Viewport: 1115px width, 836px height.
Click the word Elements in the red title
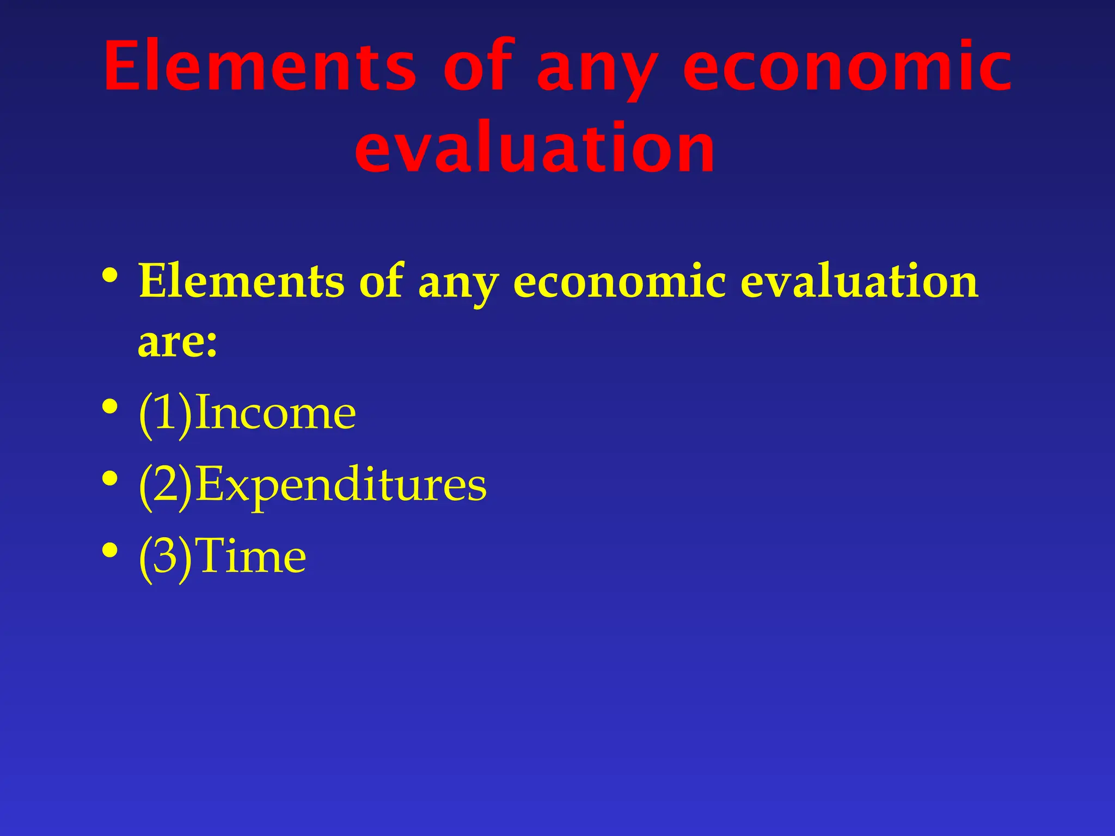click(x=260, y=66)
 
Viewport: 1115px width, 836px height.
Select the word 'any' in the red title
click(x=597, y=71)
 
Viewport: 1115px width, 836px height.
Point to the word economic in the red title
click(x=847, y=66)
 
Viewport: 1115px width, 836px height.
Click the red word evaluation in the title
click(x=535, y=148)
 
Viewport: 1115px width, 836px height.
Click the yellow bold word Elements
click(x=242, y=281)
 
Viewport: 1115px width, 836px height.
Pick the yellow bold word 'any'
click(x=457, y=285)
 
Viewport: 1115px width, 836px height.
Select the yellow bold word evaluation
click(x=859, y=281)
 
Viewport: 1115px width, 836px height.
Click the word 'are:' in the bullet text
click(x=177, y=343)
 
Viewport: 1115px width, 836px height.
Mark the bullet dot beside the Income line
click(x=109, y=407)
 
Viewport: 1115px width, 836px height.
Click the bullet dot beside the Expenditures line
click(x=109, y=479)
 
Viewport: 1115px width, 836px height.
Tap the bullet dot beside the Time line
click(x=109, y=550)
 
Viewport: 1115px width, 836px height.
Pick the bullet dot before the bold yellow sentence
click(x=109, y=275)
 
